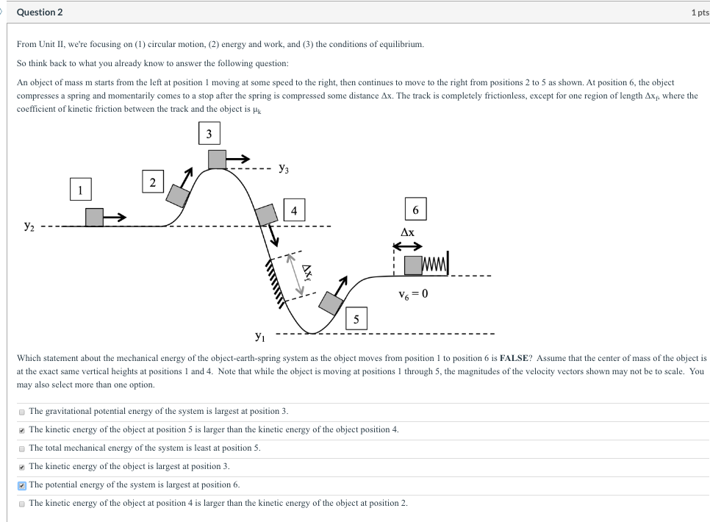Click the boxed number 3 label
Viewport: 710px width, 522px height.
pos(209,134)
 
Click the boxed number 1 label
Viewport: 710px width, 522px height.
pos(81,189)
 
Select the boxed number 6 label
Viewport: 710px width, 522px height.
pos(416,210)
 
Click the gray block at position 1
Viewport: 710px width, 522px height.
pos(94,217)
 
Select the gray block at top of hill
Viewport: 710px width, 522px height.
pos(217,159)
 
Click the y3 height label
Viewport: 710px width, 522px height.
pos(284,169)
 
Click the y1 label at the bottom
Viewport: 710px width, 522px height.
pos(259,337)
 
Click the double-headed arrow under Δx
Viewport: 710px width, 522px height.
pos(408,246)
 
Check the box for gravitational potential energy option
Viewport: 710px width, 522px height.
pos(22,411)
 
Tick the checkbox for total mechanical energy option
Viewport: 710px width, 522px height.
pos(22,448)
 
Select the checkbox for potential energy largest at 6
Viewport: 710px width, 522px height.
pos(22,485)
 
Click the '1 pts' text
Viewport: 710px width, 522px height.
pos(698,12)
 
